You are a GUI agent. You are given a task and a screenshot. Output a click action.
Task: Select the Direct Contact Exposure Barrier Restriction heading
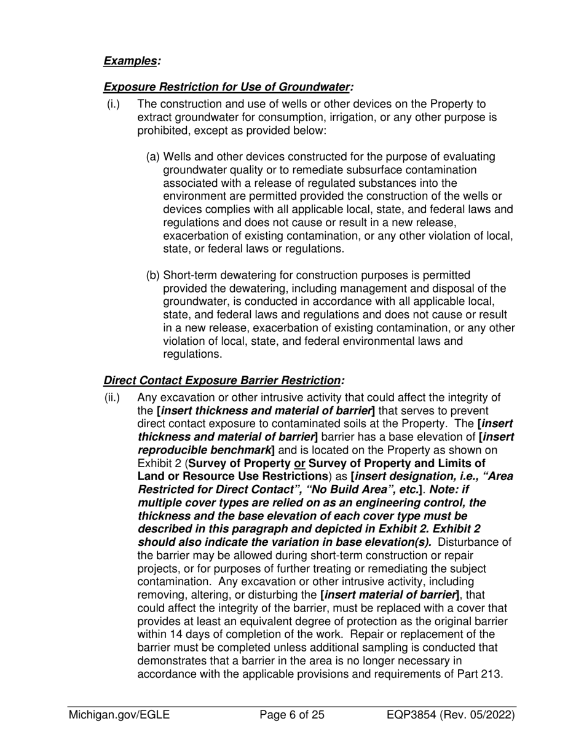coord(223,381)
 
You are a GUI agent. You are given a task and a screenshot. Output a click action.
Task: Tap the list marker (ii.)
coord(114,398)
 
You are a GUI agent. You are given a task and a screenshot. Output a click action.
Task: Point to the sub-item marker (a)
coord(153,157)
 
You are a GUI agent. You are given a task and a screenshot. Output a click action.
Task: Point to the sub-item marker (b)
coord(153,275)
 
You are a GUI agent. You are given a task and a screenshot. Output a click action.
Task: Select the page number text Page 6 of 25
coord(292,715)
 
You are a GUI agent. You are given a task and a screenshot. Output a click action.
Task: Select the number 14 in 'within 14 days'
coord(175,634)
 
